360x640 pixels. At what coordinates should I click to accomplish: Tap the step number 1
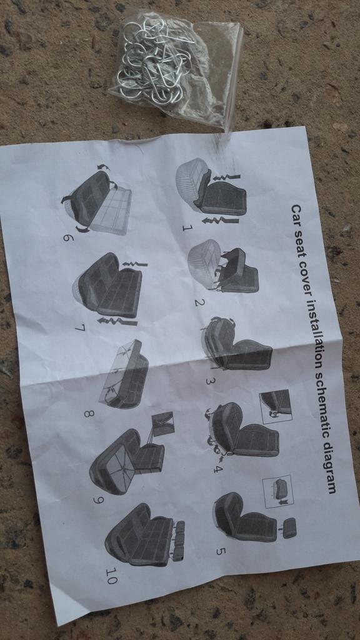coord(187,227)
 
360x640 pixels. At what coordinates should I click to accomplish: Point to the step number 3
coord(209,382)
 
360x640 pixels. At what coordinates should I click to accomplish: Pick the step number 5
coord(220,551)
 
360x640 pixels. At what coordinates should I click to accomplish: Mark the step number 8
coord(89,414)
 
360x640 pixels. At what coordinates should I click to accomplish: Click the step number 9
coord(98,499)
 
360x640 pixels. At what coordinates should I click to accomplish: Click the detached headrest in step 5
coord(289,527)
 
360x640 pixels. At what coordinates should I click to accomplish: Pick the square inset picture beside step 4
coord(276,406)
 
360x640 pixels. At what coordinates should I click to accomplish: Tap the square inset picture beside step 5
coord(278,491)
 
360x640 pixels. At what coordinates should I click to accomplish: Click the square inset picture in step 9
coord(163,424)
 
